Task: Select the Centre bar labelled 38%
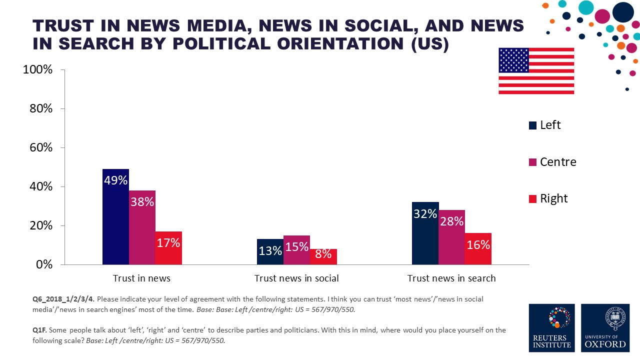click(142, 227)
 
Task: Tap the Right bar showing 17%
click(168, 248)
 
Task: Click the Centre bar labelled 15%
click(297, 250)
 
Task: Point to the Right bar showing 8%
click(323, 256)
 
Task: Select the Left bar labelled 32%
click(425, 233)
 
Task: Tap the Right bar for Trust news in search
click(478, 248)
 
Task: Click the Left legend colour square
click(532, 125)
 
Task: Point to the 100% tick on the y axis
click(38, 69)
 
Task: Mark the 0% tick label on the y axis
click(44, 264)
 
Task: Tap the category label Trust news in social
click(296, 278)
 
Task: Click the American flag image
click(536, 71)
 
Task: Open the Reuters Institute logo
click(551, 327)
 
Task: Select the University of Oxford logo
click(606, 327)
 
